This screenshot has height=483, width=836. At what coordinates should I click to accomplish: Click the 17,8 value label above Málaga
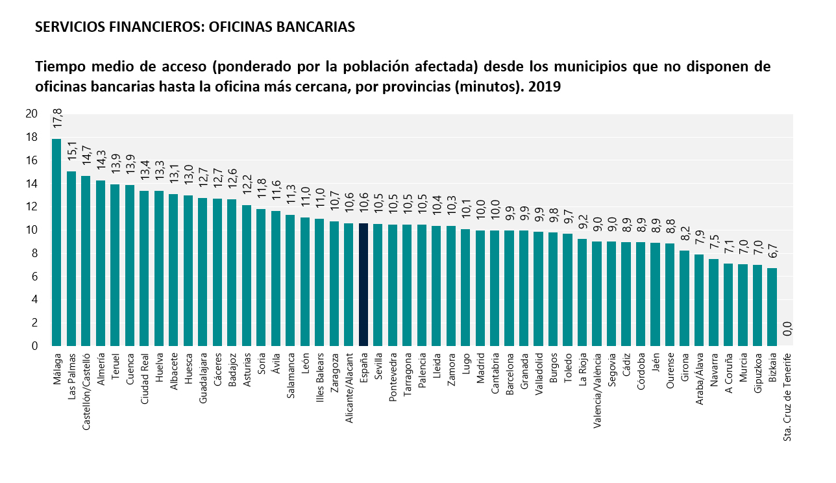(x=57, y=121)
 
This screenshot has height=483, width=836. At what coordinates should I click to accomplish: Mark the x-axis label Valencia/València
(x=597, y=387)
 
